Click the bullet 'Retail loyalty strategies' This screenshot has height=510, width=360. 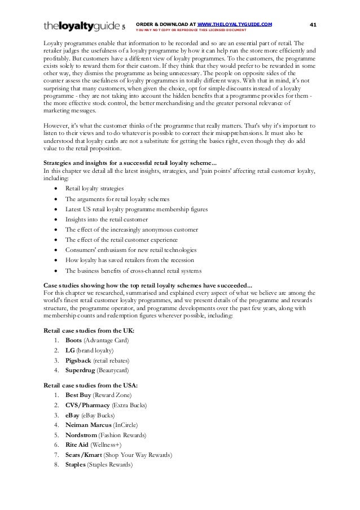click(x=95, y=188)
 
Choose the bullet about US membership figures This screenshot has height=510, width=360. click(x=136, y=209)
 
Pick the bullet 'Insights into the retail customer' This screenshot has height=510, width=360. click(x=107, y=219)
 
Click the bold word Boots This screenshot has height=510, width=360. click(x=73, y=341)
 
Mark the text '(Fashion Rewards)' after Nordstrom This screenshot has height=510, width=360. click(x=122, y=435)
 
